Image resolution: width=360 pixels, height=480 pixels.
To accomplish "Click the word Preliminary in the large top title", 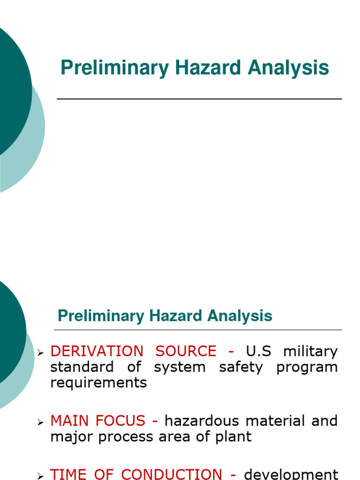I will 114,68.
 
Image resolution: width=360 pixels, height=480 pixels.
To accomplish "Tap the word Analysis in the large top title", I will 289,68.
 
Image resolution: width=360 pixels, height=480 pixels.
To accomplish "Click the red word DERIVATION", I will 97,351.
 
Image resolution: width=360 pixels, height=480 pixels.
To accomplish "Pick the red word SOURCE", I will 186,351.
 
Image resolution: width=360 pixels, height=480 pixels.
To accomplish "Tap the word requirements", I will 98,382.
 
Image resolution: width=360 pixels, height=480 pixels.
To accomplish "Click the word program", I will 307,367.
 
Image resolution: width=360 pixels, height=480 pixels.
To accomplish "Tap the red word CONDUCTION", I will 172,474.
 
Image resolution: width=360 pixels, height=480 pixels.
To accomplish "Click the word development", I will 291,474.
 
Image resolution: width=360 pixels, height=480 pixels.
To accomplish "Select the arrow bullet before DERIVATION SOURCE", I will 41,352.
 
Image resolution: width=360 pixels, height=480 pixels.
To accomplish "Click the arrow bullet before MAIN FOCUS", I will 41,422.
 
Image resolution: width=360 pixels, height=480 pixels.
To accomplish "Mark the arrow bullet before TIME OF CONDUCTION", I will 41,475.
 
